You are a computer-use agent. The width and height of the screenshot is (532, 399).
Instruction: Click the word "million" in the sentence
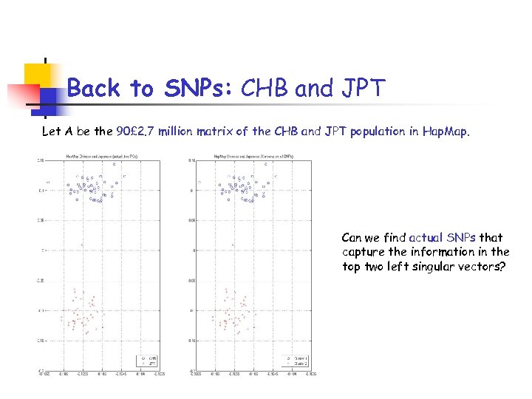[x=193, y=132]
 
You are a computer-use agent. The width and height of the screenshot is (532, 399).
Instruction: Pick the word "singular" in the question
[x=432, y=267]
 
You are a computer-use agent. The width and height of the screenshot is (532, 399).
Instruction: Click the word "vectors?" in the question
[x=482, y=267]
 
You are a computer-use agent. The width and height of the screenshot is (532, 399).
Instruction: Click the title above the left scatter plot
[x=100, y=157]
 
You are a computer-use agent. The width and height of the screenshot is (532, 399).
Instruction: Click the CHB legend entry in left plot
[x=149, y=358]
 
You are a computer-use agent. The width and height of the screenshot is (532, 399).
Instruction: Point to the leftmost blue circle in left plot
[x=47, y=183]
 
